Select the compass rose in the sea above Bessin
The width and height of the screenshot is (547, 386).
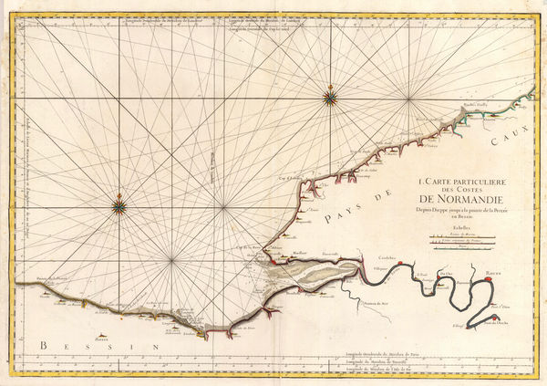pyautogui.click(x=119, y=206)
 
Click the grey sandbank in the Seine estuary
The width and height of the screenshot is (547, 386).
pyautogui.click(x=310, y=275)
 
